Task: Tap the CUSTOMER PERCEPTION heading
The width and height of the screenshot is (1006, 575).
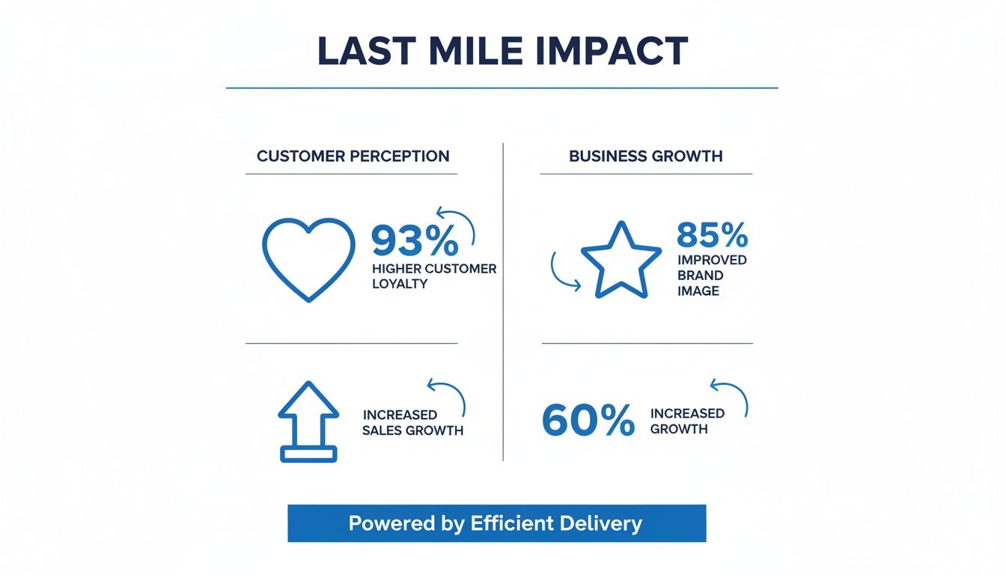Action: click(353, 156)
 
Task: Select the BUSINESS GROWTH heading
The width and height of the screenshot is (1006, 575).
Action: click(645, 156)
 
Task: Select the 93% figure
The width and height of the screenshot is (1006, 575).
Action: click(415, 241)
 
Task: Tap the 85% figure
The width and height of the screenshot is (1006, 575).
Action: click(712, 235)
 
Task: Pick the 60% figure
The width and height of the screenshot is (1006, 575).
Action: click(588, 421)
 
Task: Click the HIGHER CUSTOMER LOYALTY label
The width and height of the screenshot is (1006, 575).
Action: click(433, 276)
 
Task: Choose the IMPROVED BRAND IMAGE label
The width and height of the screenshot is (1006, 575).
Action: click(711, 276)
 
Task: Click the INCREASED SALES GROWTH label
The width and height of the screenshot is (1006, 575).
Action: click(412, 423)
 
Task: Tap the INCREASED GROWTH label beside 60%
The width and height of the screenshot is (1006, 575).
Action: click(687, 422)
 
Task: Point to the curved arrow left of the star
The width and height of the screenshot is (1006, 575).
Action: click(563, 272)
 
